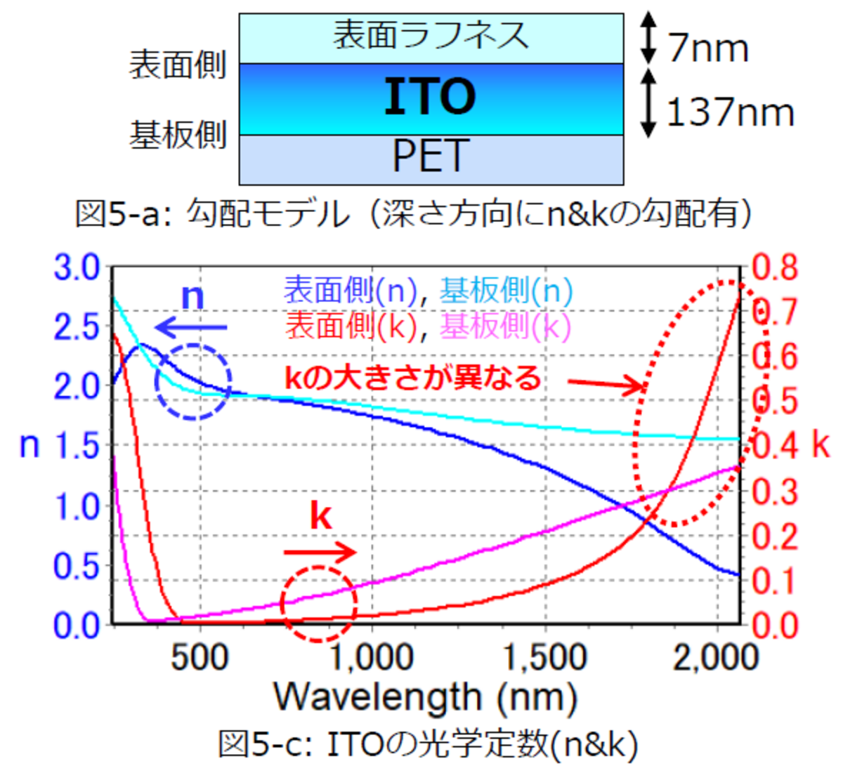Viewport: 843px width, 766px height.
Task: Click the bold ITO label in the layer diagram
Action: [430, 97]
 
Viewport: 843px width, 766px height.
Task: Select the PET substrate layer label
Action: [430, 156]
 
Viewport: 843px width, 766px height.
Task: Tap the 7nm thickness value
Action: [708, 48]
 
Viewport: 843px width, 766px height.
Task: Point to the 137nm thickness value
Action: [730, 112]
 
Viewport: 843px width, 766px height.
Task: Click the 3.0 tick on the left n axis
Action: [77, 268]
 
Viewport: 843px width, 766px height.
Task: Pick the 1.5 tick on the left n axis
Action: [77, 445]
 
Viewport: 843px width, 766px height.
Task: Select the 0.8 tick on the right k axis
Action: [776, 268]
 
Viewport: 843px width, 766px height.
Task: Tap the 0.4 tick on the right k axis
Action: [776, 445]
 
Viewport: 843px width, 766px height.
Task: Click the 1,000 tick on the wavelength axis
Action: [370, 658]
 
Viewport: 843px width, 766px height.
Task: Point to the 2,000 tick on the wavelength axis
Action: [716, 658]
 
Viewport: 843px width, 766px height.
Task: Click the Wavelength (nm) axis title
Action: [425, 697]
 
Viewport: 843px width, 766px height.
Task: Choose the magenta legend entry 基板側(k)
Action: [505, 326]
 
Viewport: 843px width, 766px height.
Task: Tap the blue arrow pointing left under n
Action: [191, 327]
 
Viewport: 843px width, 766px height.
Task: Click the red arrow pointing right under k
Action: [320, 553]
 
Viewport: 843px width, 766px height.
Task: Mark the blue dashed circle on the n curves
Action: [192, 382]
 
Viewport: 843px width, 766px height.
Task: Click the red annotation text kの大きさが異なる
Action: [413, 378]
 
